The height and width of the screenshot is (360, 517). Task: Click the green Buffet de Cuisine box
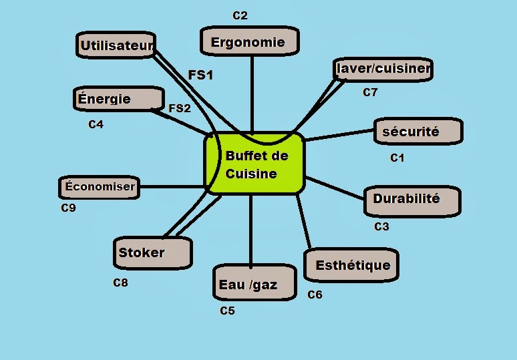point(254,164)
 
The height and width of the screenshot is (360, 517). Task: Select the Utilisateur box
point(116,46)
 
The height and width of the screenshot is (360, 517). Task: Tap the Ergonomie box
point(248,42)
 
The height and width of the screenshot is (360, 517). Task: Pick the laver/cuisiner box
point(383,68)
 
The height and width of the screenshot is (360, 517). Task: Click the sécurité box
point(417,132)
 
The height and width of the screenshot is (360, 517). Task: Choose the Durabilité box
point(412,200)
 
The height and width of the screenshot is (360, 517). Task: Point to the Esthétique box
point(352,265)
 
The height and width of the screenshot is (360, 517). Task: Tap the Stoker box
point(152,253)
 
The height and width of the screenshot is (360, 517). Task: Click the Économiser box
point(100,187)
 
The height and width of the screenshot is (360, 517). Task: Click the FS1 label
point(201,75)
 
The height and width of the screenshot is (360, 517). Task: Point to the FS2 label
point(180,108)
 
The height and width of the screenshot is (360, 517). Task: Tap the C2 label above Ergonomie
point(240,15)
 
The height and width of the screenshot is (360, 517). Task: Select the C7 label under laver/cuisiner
point(370,93)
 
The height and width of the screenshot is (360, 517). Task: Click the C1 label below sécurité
point(397,158)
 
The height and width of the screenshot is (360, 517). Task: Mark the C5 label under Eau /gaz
point(227,311)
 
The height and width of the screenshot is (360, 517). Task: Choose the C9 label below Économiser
point(68,208)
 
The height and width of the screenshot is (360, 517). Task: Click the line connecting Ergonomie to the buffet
point(252,94)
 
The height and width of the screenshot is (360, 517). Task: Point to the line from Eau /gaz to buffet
point(250,230)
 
